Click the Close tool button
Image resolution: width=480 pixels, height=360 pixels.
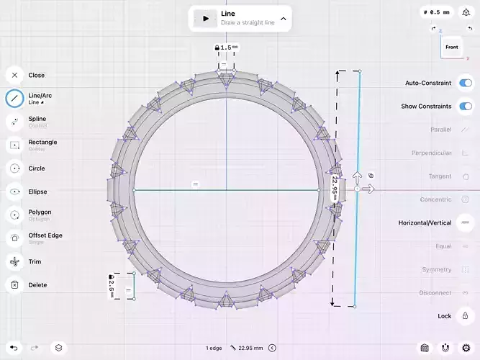coord(14,75)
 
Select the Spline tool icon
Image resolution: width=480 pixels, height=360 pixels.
coord(14,122)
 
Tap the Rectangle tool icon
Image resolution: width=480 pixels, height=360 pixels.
coord(14,145)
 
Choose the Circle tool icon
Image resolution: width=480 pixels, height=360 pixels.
coord(14,168)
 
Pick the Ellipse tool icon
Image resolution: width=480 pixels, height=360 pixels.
coord(14,192)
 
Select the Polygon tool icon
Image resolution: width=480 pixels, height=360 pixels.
coord(14,215)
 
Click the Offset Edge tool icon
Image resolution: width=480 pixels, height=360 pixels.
coord(14,238)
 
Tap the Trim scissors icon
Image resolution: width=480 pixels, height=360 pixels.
coord(14,262)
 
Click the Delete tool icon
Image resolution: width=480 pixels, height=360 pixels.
coord(14,285)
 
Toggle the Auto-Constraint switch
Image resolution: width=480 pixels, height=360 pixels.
coord(465,83)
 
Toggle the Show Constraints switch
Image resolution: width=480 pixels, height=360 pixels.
coord(465,106)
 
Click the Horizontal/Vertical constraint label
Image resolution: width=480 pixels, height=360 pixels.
coord(425,223)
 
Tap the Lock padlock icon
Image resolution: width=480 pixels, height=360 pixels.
coord(465,316)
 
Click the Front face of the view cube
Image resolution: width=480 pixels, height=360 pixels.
coord(452,48)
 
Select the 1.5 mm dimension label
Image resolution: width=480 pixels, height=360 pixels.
coord(227,48)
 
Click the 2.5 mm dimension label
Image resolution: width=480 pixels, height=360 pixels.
coord(112,284)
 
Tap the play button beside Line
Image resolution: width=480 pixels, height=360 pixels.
coord(206,19)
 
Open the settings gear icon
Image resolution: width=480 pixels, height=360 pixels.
coord(466,348)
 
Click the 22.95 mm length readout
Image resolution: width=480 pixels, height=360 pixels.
coord(252,348)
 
